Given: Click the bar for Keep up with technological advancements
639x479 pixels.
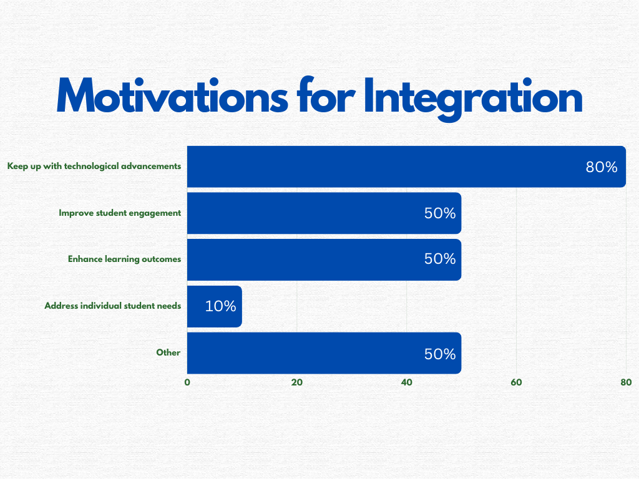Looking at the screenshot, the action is (x=406, y=167).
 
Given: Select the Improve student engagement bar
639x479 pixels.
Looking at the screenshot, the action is (x=324, y=213).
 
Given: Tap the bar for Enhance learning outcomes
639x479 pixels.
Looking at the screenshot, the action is (x=324, y=259).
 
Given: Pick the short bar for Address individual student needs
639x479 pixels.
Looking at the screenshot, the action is (x=215, y=306).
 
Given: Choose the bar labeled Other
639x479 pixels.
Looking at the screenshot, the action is (x=324, y=353).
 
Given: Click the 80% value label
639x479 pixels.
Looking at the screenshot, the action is (x=602, y=167).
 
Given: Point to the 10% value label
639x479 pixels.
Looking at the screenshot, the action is (x=220, y=306).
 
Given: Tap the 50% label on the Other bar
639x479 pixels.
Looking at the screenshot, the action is (x=440, y=354).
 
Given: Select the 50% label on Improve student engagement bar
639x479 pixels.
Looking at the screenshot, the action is (x=440, y=213).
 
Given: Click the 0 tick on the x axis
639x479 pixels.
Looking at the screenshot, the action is (x=187, y=382).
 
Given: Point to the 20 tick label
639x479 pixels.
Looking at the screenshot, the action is (x=296, y=382).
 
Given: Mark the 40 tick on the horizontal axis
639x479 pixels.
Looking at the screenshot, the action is (x=406, y=382).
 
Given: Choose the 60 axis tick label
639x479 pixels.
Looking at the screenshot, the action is (x=516, y=382).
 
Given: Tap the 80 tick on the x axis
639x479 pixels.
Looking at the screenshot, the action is (x=626, y=382).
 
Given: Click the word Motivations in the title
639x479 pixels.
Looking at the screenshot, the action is (x=172, y=95).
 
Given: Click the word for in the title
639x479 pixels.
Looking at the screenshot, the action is (x=326, y=95).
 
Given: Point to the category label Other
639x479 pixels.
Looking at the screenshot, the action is (x=168, y=352).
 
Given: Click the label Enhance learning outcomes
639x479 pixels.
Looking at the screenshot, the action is (x=124, y=259).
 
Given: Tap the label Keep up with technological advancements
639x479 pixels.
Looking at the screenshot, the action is (x=94, y=166).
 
